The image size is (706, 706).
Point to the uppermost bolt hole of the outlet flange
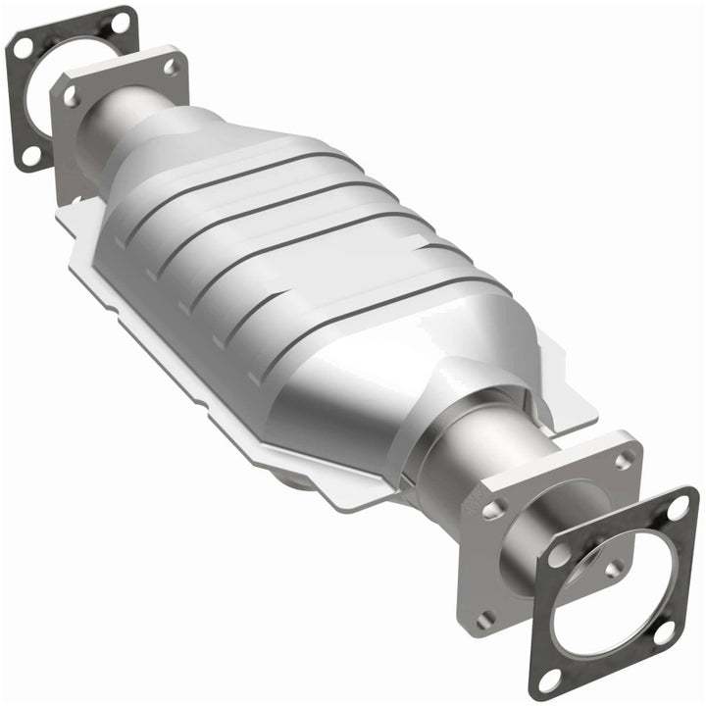coord(624,458)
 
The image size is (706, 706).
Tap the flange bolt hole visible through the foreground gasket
coord(616,567)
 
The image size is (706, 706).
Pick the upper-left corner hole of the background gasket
coord(20,47)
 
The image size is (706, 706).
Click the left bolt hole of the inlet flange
coord(71,96)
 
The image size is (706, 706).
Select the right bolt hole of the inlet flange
coord(170,66)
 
